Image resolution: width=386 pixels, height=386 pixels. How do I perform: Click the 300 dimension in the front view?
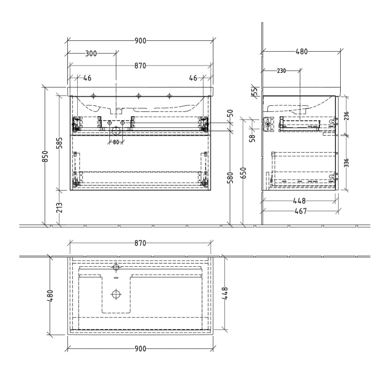click(x=91, y=53)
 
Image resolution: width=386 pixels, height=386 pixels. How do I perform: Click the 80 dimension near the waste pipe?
click(x=116, y=142)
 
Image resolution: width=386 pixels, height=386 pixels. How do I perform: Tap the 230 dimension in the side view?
click(x=281, y=70)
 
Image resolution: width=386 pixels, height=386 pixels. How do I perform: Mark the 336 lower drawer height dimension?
click(x=346, y=163)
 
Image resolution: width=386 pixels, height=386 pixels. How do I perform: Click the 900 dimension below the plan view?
click(x=140, y=349)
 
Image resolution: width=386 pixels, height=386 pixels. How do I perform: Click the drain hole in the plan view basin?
click(x=116, y=294)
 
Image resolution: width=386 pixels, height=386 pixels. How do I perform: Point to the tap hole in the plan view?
click(x=116, y=268)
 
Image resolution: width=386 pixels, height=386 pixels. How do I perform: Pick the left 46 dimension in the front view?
click(x=87, y=78)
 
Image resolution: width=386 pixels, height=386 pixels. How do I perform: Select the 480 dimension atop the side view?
click(x=301, y=51)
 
